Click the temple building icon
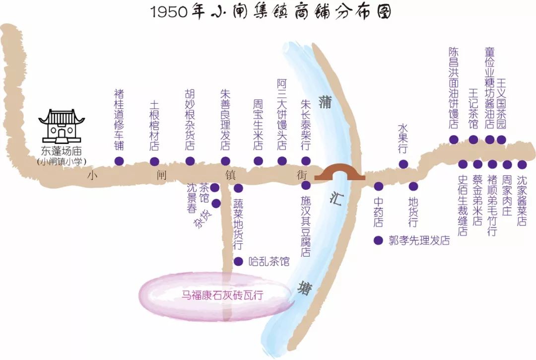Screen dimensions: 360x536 (x=62, y=125)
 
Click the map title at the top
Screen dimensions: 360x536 (x=270, y=12)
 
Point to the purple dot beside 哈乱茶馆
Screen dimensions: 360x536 (x=238, y=261)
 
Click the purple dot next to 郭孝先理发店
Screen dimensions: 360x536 (x=378, y=240)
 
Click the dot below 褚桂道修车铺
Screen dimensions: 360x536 (x=119, y=161)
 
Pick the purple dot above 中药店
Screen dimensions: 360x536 (x=379, y=186)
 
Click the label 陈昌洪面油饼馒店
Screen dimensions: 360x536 (x=453, y=88)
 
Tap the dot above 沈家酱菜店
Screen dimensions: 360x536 (x=522, y=164)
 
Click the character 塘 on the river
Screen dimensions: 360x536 (x=304, y=288)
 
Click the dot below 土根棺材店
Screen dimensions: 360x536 (x=154, y=161)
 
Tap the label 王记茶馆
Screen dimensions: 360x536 (x=473, y=109)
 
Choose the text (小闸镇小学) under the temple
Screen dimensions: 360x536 (x=62, y=161)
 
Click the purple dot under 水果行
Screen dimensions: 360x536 (x=403, y=164)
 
